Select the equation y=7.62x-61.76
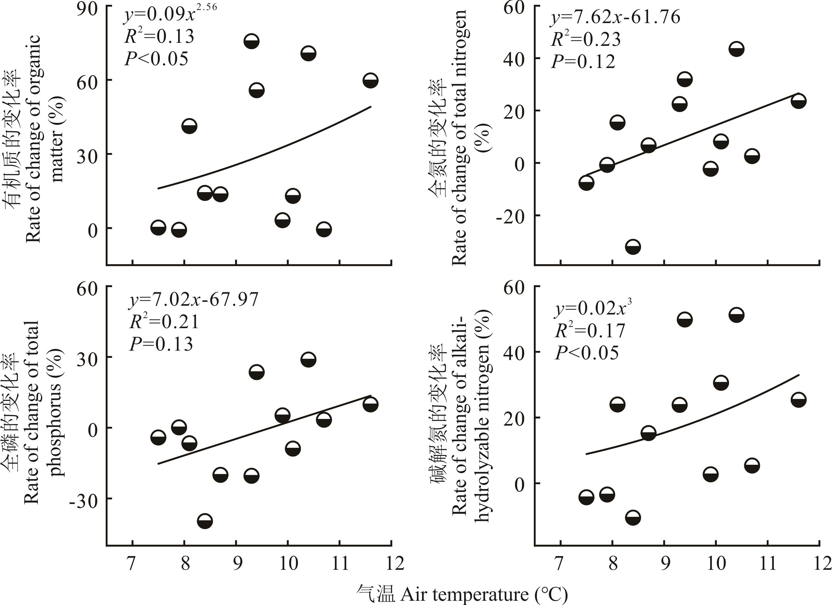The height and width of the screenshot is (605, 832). (615, 18)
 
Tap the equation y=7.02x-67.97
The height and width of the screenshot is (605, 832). (194, 299)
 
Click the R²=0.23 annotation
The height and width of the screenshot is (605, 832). (585, 39)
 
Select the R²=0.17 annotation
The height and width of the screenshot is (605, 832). (589, 331)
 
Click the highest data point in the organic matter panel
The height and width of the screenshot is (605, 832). (251, 41)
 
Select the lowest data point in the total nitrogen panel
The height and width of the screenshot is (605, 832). (633, 247)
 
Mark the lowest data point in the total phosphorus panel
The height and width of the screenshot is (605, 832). (205, 521)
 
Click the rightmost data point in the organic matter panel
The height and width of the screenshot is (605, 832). (370, 81)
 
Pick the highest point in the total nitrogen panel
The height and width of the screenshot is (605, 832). (736, 49)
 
